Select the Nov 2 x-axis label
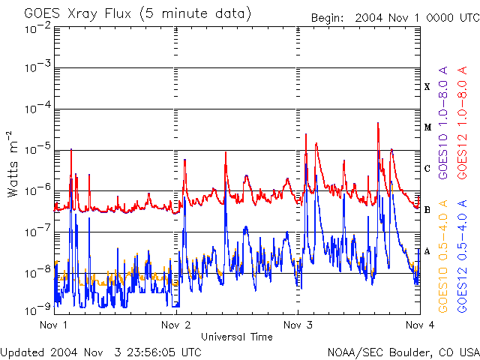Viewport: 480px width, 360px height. (176, 325)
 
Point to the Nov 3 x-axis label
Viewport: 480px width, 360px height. (298, 325)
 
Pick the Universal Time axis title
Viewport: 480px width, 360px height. (236, 337)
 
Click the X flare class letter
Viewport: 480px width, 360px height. (427, 87)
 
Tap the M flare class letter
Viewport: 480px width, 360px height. (427, 127)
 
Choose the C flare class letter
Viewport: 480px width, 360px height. (427, 169)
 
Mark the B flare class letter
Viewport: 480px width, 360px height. (427, 210)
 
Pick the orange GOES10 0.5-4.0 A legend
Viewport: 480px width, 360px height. (444, 256)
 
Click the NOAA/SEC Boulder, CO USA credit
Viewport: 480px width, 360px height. (403, 352)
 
